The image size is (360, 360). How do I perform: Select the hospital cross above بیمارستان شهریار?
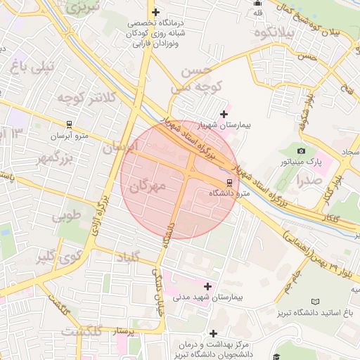[x=224, y=114]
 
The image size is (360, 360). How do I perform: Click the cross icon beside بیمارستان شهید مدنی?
[x=207, y=286]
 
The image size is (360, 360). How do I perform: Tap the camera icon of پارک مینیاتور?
[x=302, y=150]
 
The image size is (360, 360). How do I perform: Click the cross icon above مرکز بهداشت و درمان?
[x=213, y=333]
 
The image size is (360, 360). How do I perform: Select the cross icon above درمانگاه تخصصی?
[x=155, y=12]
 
